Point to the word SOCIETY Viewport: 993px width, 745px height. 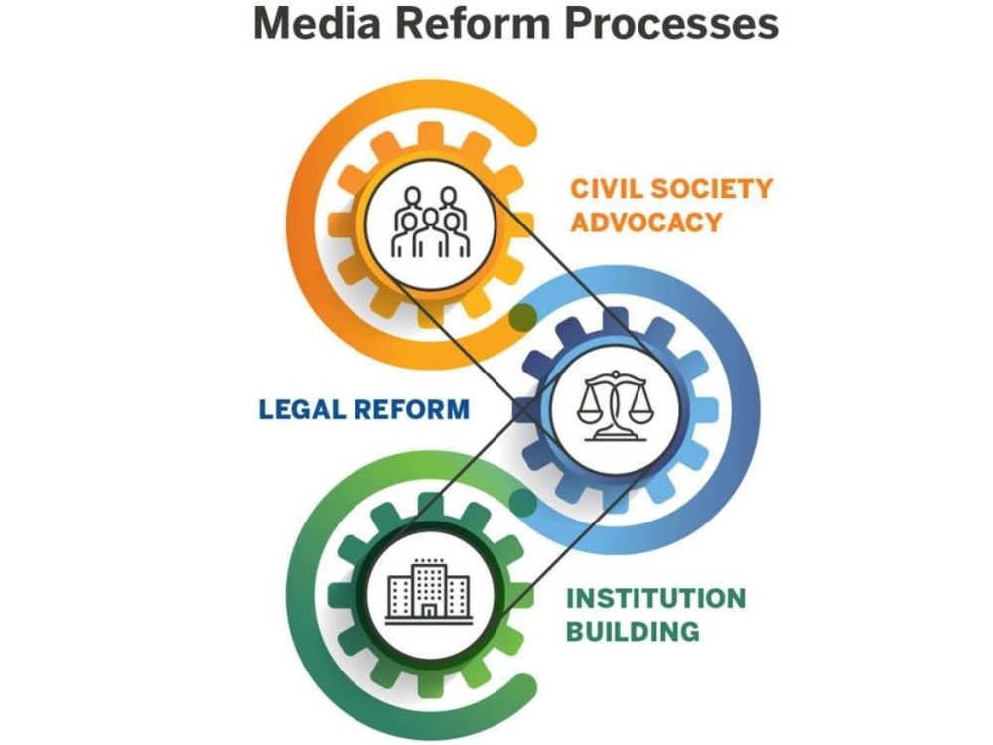(x=712, y=188)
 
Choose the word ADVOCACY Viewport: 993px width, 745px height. (x=646, y=223)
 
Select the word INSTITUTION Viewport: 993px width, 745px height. (x=655, y=598)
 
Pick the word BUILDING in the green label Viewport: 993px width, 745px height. (x=633, y=632)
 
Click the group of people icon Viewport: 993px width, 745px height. (x=431, y=222)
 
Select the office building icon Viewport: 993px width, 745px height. (x=429, y=590)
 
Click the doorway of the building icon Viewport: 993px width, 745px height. (x=429, y=610)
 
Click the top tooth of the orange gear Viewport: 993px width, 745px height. (x=431, y=133)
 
